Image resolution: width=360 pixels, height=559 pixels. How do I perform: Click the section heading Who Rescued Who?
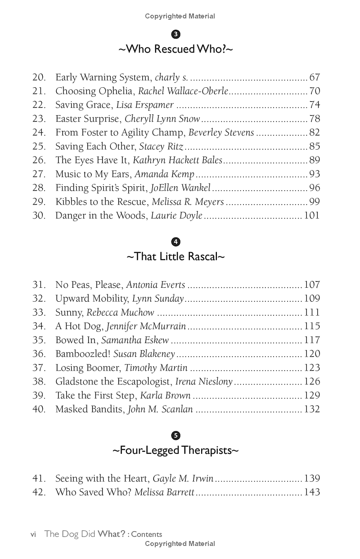pos(175,49)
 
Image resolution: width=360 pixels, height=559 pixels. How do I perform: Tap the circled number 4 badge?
pos(176,242)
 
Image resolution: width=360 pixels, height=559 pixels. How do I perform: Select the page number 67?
pos(314,77)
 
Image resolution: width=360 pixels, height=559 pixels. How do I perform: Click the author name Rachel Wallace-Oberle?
pos(183,91)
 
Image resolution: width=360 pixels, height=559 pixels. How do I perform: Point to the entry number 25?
pos(39,147)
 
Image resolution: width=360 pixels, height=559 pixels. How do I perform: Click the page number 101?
pos(312,215)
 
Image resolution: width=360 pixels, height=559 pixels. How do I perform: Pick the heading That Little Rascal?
pos(175,256)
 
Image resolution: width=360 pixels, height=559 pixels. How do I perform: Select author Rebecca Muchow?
pos(120,313)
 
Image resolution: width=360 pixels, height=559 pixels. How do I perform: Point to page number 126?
pos(312,381)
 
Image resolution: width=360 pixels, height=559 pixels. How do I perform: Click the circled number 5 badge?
pos(176,435)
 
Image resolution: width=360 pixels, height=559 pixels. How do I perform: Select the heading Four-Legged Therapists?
pos(175,450)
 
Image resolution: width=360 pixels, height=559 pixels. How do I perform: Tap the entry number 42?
pos(39,492)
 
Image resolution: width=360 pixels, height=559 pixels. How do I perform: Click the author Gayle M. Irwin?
pos(183,479)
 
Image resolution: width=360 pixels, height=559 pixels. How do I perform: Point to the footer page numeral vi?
pos(33,534)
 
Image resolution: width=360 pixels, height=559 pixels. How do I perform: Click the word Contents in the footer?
pos(147,534)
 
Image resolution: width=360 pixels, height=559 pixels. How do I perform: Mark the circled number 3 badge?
pos(176,34)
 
